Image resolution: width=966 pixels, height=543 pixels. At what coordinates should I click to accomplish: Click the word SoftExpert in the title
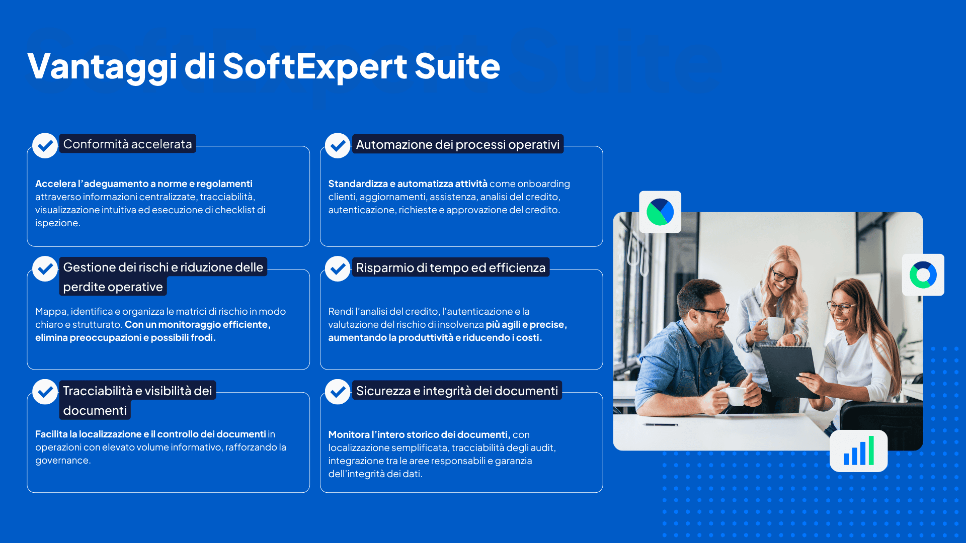tap(315, 66)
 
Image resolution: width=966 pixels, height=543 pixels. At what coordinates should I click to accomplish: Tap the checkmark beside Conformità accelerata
tap(45, 145)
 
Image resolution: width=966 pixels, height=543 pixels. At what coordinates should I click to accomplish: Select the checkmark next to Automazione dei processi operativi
tap(338, 145)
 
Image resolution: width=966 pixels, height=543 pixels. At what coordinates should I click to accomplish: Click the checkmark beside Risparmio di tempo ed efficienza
tap(338, 268)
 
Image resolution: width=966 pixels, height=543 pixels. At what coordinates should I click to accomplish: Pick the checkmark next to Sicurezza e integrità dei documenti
tap(338, 392)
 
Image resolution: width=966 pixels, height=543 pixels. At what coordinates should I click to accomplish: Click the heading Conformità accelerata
tap(127, 144)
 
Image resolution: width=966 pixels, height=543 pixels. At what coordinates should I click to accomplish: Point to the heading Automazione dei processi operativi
tap(458, 145)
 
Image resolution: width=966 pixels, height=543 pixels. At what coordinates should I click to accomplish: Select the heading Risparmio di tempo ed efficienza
tap(451, 268)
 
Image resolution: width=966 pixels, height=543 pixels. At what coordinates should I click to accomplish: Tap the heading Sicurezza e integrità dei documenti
tap(457, 391)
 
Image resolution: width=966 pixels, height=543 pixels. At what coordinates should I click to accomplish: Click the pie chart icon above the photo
tap(660, 212)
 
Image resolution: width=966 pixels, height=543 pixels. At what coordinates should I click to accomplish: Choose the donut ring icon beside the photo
tap(923, 275)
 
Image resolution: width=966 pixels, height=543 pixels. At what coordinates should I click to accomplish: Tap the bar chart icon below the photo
tap(859, 451)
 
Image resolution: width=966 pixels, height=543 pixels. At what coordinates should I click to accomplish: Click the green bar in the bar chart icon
tap(871, 450)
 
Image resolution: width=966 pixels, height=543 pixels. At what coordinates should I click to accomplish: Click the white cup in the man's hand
tap(735, 396)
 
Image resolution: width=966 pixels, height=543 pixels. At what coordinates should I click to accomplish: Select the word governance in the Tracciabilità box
tap(63, 461)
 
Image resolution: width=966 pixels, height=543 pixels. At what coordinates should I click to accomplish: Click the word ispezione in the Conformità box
tap(58, 223)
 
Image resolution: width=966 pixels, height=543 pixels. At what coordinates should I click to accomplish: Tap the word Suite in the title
tap(457, 66)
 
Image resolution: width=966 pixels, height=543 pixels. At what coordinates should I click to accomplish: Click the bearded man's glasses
tap(709, 312)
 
